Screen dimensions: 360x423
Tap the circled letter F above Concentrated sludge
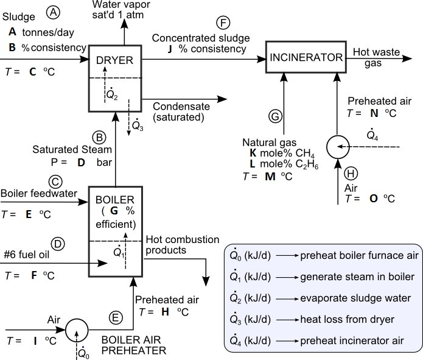(224, 24)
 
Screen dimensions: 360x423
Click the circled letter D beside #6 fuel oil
(58, 244)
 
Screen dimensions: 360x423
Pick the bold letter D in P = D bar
(81, 163)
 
